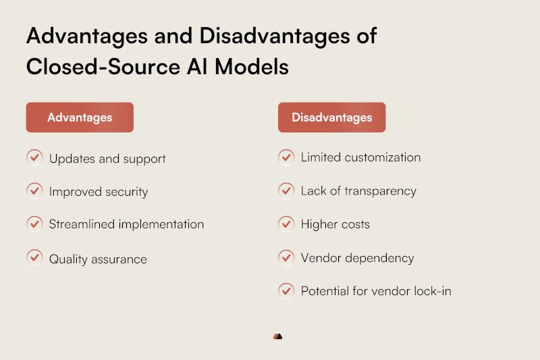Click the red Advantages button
pyautogui.click(x=80, y=117)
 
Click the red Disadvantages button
pyautogui.click(x=331, y=117)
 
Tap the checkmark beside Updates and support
pyautogui.click(x=34, y=157)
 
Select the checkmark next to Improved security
pyautogui.click(x=34, y=190)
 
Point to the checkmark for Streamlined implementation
pyautogui.click(x=34, y=224)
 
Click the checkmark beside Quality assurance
pyautogui.click(x=34, y=257)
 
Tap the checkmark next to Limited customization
pyautogui.click(x=286, y=157)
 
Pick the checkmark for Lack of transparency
pyautogui.click(x=286, y=190)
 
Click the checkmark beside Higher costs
pyautogui.click(x=286, y=224)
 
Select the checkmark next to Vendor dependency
pyautogui.click(x=286, y=257)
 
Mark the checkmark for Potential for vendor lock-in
pyautogui.click(x=286, y=290)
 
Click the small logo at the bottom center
pyautogui.click(x=277, y=336)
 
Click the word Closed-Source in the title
pyautogui.click(x=103, y=66)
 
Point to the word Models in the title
pyautogui.click(x=252, y=66)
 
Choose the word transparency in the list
pyautogui.click(x=380, y=191)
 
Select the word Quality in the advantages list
pyautogui.click(x=68, y=259)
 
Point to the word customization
pyautogui.click(x=382, y=157)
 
